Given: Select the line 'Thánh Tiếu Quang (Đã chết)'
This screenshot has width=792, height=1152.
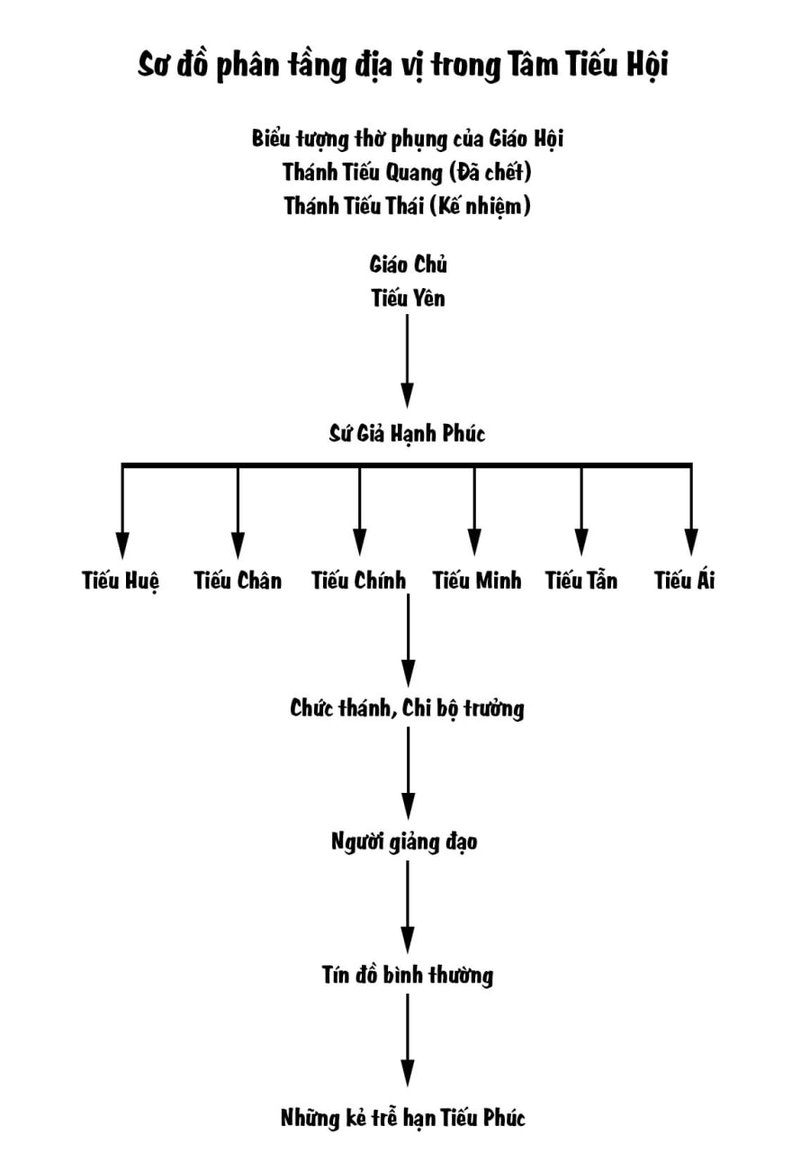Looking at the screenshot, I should pos(407,171).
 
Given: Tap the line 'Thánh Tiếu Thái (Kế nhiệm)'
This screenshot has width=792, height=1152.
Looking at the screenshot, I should pos(407,205).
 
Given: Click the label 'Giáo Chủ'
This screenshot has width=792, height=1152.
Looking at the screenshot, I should pos(408,265).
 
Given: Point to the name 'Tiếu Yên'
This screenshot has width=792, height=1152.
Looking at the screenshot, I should pos(408,298).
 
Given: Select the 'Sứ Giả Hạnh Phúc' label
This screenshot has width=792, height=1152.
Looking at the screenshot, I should pos(407,434).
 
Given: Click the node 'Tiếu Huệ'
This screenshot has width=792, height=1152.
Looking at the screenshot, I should pos(121,581).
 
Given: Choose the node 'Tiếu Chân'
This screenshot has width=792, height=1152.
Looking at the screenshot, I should pos(238,580).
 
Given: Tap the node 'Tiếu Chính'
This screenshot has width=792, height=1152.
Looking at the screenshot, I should pos(359,580).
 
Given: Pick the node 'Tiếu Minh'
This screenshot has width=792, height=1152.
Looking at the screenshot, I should pos(476,580).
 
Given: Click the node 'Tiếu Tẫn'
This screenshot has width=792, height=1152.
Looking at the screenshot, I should pos(581,580).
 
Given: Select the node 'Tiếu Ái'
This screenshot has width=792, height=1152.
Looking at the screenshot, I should pos(685,580).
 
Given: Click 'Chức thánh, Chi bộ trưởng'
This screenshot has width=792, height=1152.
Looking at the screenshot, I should pos(407,708).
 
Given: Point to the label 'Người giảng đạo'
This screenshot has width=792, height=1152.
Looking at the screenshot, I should pos(404,842).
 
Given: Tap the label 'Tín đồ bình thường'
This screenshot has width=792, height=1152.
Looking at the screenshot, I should pos(407,976).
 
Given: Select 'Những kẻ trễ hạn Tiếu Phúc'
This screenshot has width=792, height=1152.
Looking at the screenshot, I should pos(402,1119).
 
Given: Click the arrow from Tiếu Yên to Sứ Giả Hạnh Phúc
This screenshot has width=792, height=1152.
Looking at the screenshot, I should pos(408,360).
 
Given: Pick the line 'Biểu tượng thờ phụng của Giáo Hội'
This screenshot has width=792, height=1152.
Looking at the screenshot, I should pos(407,139).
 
